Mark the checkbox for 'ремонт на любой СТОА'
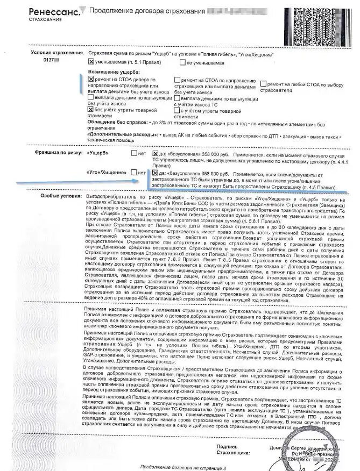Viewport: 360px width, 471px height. [263, 84]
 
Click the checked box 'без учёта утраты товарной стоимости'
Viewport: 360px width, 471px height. [90, 109]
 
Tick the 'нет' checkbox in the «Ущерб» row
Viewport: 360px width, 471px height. [134, 153]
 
